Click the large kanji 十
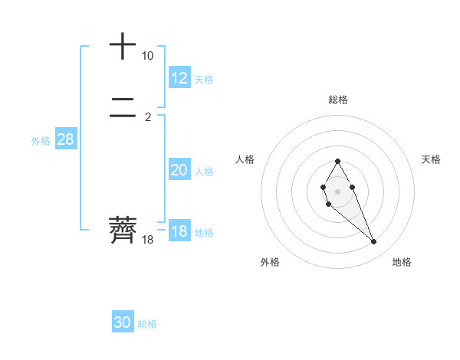[x=123, y=46]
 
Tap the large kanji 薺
[x=123, y=230]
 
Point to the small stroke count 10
[x=147, y=56]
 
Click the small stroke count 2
[x=148, y=117]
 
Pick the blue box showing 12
[x=179, y=78]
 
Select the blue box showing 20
[x=179, y=170]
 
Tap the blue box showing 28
[x=65, y=139]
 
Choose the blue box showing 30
[x=123, y=322]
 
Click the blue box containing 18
[x=179, y=231]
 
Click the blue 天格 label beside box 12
[x=204, y=80]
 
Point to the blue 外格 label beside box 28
[x=41, y=141]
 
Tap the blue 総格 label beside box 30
[x=147, y=324]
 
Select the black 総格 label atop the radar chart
[x=337, y=100]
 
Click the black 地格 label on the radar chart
[x=402, y=262]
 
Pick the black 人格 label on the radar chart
[x=245, y=159]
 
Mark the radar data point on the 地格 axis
[x=373, y=242]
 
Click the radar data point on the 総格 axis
[x=337, y=161]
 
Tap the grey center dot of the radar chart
[x=337, y=190]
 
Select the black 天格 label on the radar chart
[x=432, y=159]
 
